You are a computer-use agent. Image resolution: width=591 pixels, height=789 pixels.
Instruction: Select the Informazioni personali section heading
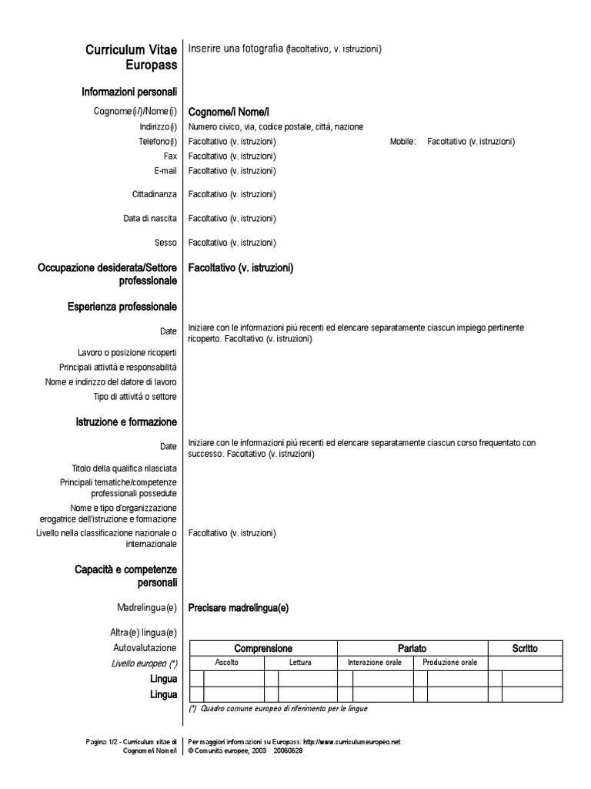click(x=129, y=92)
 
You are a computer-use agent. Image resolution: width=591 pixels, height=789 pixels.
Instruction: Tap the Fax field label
click(x=170, y=156)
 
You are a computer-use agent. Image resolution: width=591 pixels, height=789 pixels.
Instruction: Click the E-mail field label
click(x=165, y=170)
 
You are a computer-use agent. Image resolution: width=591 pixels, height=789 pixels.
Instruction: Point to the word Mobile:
click(x=403, y=142)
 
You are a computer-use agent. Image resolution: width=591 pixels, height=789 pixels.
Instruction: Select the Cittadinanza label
click(x=155, y=194)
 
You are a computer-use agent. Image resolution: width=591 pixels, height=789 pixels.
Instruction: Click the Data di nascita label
click(x=150, y=219)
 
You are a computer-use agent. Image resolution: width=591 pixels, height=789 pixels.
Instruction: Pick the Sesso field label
click(x=165, y=243)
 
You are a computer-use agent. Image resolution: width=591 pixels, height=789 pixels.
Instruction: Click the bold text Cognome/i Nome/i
click(x=229, y=112)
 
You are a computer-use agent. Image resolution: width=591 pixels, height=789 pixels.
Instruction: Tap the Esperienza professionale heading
click(x=122, y=307)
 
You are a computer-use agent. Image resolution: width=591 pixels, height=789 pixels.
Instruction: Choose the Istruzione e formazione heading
click(x=126, y=422)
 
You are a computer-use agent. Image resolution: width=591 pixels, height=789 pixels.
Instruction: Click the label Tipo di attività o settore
click(x=135, y=397)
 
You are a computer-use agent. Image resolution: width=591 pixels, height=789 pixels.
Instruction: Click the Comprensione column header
click(x=263, y=649)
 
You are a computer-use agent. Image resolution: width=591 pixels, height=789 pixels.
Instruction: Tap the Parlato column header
click(x=412, y=649)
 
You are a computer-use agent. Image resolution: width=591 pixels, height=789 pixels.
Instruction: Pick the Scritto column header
click(x=525, y=649)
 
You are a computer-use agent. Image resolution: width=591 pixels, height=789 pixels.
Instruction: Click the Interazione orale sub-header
click(x=375, y=663)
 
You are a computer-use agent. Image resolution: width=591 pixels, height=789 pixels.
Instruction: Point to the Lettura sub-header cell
click(x=300, y=663)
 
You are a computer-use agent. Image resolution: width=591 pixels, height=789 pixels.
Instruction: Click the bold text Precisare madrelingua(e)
click(x=239, y=608)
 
